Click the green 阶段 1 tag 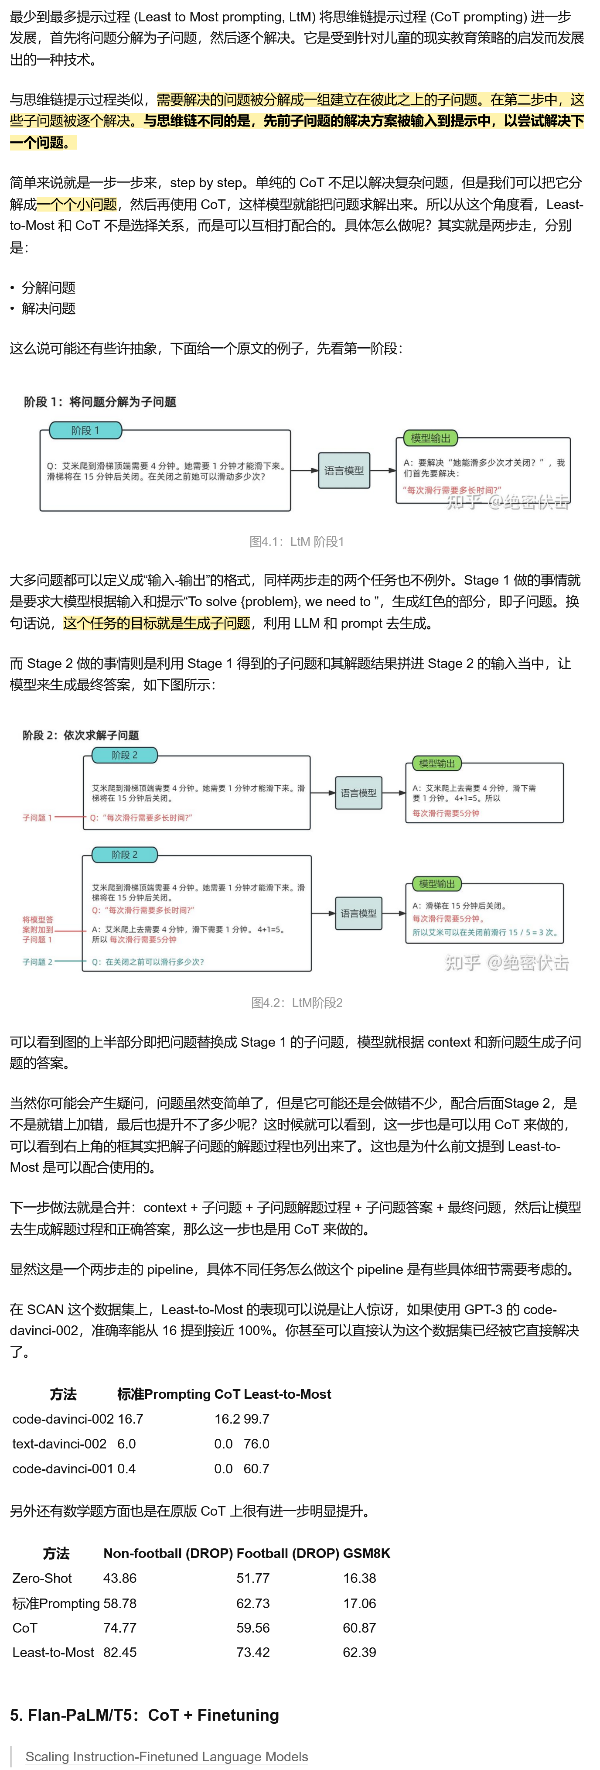pyautogui.click(x=86, y=430)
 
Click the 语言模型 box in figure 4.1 pyautogui.click(x=344, y=471)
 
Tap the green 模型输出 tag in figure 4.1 pyautogui.click(x=430, y=438)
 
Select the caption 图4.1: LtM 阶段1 pyautogui.click(x=297, y=541)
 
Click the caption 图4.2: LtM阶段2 pyautogui.click(x=297, y=1003)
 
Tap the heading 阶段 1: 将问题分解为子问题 pyautogui.click(x=100, y=402)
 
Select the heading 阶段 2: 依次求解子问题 pyautogui.click(x=81, y=735)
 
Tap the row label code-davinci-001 pyautogui.click(x=62, y=1469)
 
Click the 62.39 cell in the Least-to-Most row pyautogui.click(x=360, y=1652)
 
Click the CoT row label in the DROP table pyautogui.click(x=25, y=1627)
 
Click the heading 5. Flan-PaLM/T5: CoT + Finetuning pyautogui.click(x=144, y=1715)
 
